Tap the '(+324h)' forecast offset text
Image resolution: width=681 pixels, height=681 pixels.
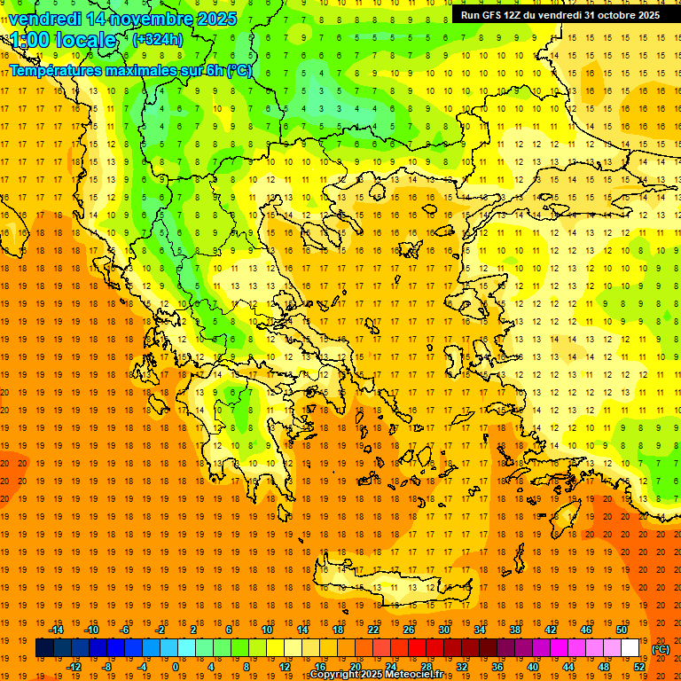point(157,39)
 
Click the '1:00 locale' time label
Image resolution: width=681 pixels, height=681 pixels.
point(63,40)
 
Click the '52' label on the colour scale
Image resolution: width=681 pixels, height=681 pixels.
point(639,667)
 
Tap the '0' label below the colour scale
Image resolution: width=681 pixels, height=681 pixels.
point(175,667)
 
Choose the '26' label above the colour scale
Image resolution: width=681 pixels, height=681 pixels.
point(409,629)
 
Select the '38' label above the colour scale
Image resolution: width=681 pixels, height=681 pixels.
point(515,629)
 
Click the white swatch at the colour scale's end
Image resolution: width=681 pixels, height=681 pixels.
point(630,648)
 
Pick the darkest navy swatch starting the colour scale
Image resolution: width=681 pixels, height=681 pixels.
point(44,648)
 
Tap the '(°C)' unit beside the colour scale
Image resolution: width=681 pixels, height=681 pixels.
point(661,648)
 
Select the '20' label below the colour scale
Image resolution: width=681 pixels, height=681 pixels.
point(356,667)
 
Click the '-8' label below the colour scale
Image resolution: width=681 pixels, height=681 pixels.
point(106,667)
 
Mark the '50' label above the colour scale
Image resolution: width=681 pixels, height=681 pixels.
point(622,629)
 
